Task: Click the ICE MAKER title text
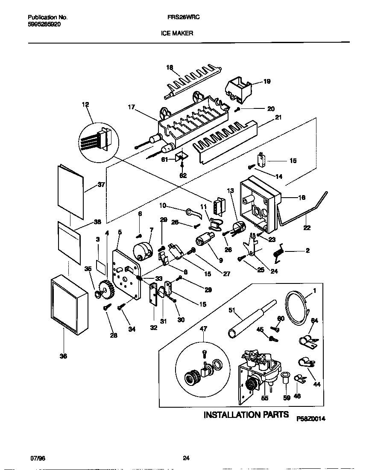pos(177,32)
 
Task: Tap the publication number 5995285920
pos(44,25)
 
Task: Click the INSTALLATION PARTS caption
pos(246,415)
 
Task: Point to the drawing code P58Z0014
pos(311,419)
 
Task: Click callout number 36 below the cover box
pos(63,356)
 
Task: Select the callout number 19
pos(266,81)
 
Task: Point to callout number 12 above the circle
pos(86,104)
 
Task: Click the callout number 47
pos(203,328)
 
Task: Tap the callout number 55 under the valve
pos(265,397)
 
